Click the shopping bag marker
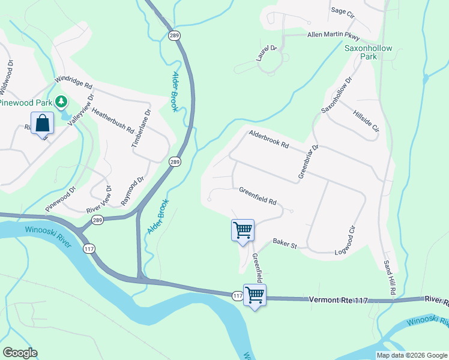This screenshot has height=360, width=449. click(x=42, y=124)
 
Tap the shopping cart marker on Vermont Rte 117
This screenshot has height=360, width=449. click(x=255, y=295)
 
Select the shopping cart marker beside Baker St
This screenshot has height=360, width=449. click(x=243, y=230)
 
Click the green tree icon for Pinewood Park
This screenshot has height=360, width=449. click(x=61, y=103)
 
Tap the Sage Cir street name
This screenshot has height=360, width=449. click(x=343, y=11)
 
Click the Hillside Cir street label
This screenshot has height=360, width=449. click(x=367, y=121)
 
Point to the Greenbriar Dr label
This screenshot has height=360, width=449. click(x=309, y=161)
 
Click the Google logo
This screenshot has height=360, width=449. click(x=20, y=353)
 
